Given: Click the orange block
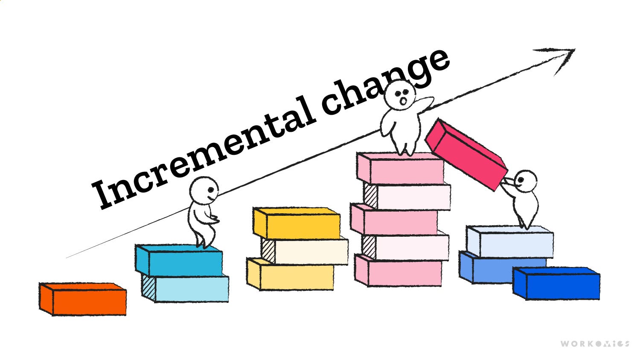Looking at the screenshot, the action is [x=83, y=299].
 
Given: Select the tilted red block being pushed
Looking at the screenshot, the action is [x=467, y=154].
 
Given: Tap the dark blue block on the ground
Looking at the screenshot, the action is [x=557, y=284].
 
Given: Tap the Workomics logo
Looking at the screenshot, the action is [x=594, y=343].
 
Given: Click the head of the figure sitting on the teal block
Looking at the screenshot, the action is [x=204, y=190].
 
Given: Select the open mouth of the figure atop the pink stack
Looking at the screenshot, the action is [x=403, y=101].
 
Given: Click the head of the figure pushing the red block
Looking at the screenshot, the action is [x=526, y=181].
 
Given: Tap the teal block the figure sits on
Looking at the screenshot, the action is [x=179, y=261].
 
